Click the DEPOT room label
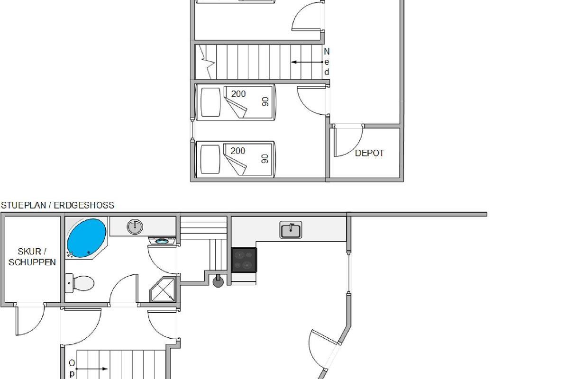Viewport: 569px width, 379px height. [369, 153]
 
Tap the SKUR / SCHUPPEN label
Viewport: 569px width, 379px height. [32, 257]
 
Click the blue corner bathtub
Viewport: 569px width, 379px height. [86, 238]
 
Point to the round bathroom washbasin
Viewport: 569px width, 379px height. [135, 226]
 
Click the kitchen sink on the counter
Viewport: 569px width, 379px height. [291, 230]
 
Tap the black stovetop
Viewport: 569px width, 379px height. [244, 260]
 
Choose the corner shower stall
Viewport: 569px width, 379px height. [163, 289]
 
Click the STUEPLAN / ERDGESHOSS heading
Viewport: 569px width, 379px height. [58, 205]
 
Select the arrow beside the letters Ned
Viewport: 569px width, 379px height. [307, 62]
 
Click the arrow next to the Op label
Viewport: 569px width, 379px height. [92, 369]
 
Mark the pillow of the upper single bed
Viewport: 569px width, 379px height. [211, 102]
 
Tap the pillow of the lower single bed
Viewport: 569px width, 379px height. [210, 160]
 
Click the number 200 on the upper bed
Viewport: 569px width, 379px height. [238, 94]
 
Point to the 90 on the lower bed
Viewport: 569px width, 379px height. [265, 159]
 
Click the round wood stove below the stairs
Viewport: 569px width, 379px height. [218, 281]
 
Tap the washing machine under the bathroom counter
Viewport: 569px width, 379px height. [162, 240]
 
